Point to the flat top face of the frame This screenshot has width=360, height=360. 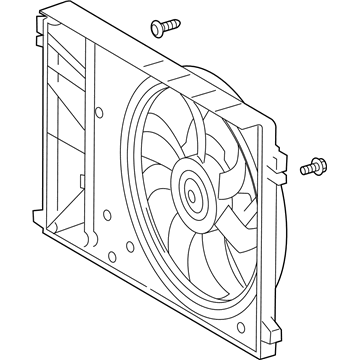point(150,50)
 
